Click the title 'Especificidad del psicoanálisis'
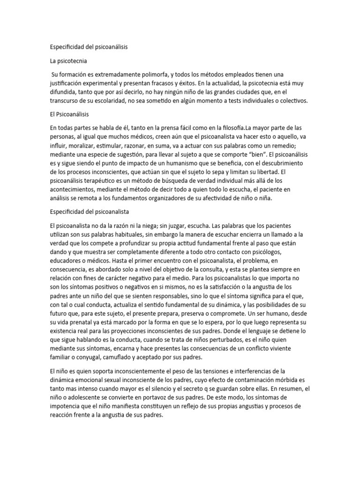tap(89, 47)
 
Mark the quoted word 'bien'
tap(261, 154)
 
